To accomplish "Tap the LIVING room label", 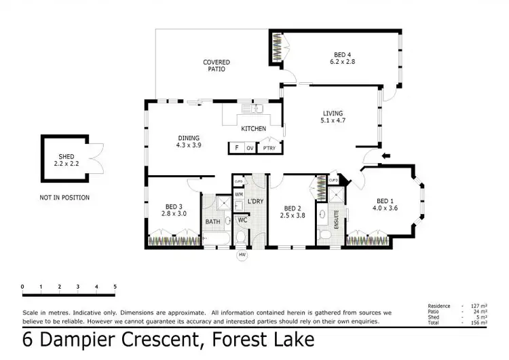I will coord(333,113).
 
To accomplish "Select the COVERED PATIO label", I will coord(214,65).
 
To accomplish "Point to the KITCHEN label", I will coord(254,128).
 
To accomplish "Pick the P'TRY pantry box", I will coord(269,147).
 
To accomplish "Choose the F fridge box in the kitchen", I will coord(236,147).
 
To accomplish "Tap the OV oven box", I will coord(250,147).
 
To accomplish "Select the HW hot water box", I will coord(242,255).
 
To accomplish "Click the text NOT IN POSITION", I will coord(64,198).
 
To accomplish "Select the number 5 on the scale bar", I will coord(115,287).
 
